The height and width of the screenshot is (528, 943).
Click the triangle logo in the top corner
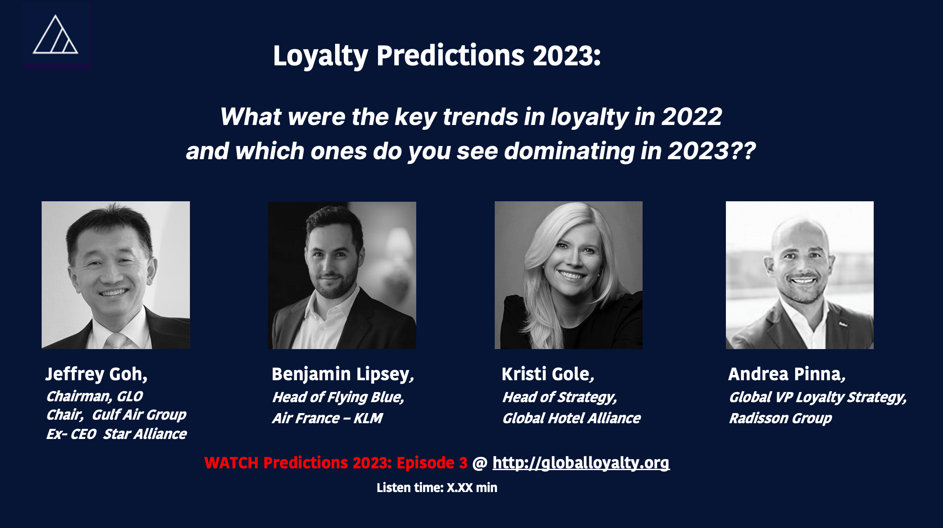[56, 35]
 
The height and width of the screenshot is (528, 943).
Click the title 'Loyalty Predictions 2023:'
[437, 56]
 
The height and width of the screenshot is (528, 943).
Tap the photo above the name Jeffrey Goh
[116, 275]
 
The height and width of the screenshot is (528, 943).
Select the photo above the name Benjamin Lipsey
[342, 275]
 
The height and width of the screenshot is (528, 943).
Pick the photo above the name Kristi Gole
[568, 275]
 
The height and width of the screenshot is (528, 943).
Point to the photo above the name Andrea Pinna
[800, 275]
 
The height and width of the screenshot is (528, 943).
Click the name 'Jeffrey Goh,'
[96, 374]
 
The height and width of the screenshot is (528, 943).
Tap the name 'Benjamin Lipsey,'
[343, 375]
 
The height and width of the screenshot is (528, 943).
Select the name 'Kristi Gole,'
[548, 374]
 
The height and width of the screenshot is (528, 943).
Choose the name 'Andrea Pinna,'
[787, 374]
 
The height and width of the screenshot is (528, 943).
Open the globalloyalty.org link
[581, 463]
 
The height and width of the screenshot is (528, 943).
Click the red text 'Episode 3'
[432, 463]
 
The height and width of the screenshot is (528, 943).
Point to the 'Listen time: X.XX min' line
[437, 488]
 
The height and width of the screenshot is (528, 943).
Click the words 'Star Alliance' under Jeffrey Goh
[145, 434]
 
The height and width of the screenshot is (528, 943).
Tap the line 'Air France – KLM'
[328, 418]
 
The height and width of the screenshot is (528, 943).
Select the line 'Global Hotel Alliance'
[572, 418]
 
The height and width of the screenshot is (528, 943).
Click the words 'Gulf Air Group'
[139, 415]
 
